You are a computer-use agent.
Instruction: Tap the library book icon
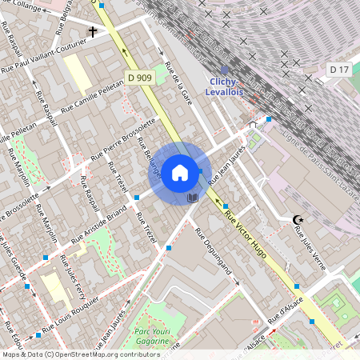(x=191, y=197)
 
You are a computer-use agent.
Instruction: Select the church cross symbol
(x=93, y=32)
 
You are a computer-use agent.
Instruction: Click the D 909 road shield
(x=139, y=77)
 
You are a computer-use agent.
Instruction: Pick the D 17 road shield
(x=339, y=70)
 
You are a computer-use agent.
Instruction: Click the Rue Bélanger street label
(x=149, y=158)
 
